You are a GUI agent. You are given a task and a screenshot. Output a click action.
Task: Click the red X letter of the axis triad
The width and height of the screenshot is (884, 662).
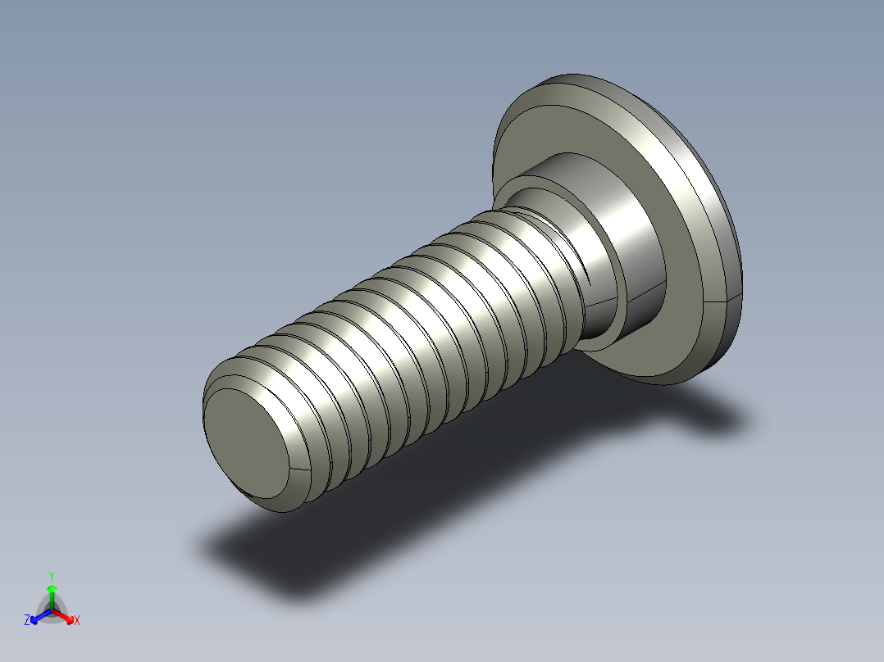(76, 621)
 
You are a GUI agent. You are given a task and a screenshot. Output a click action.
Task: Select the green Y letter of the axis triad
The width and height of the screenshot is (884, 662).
(52, 576)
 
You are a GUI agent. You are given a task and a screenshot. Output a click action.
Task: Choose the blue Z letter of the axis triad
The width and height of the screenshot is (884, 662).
(27, 621)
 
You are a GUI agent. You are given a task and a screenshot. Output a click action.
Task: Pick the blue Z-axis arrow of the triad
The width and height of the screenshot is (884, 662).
(39, 615)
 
